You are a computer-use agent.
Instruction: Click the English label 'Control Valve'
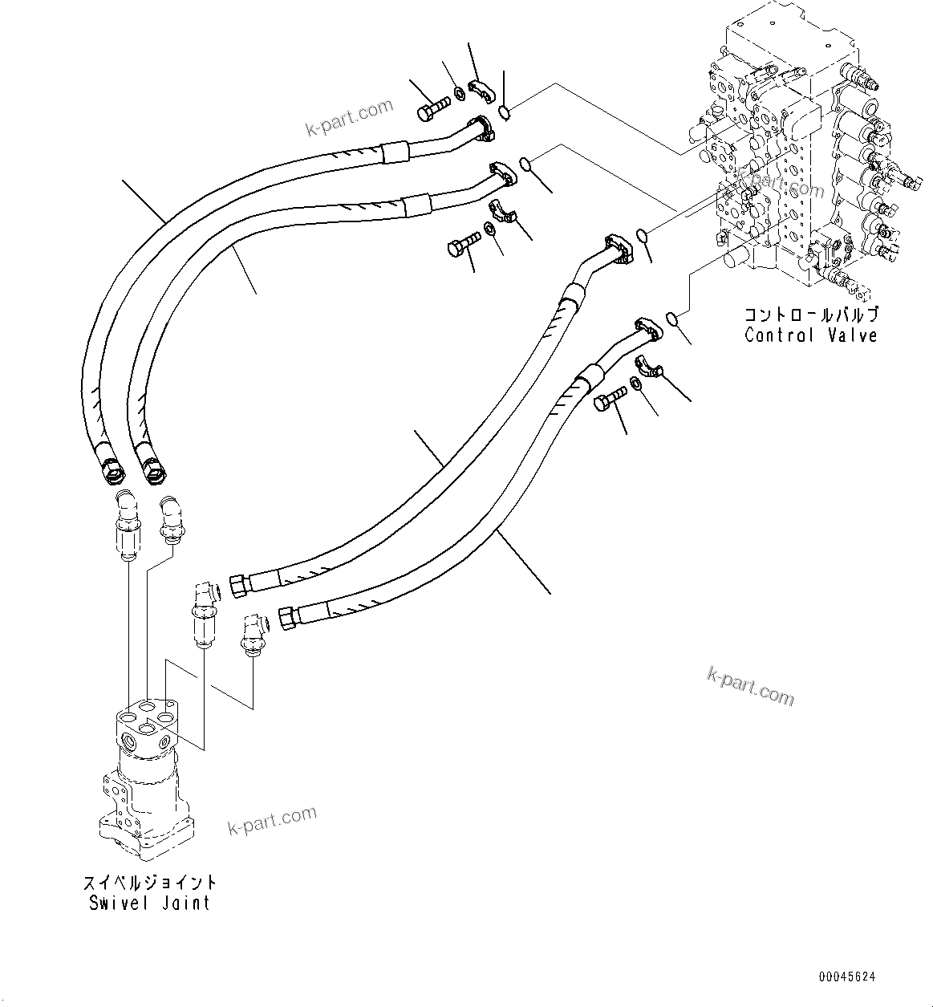pyautogui.click(x=811, y=335)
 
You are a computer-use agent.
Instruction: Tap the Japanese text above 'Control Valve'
pyautogui.click(x=811, y=315)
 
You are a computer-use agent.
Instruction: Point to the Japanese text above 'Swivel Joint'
pyautogui.click(x=149, y=882)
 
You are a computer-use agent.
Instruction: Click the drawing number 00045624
pyautogui.click(x=847, y=977)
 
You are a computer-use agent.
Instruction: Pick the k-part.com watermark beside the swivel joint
pyautogui.click(x=273, y=821)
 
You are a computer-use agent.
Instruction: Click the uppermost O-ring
pyautogui.click(x=504, y=112)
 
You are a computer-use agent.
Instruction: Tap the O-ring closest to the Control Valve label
pyautogui.click(x=675, y=320)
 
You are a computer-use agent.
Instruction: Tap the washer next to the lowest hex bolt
pyautogui.click(x=635, y=383)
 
